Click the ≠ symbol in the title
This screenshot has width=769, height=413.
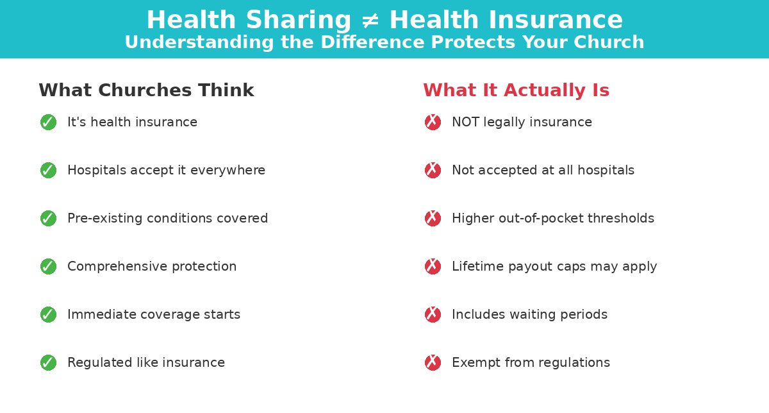(x=370, y=21)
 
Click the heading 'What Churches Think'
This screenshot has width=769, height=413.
(x=146, y=90)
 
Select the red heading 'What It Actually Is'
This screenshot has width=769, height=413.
(x=516, y=90)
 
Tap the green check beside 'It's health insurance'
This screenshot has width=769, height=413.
(x=48, y=122)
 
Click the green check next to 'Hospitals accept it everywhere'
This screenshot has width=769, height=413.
(x=48, y=170)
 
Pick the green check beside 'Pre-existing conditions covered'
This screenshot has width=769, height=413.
(x=48, y=218)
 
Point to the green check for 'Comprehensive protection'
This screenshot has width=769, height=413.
(x=48, y=266)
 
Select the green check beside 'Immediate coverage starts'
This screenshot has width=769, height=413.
(x=48, y=314)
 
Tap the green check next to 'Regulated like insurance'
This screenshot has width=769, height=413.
(x=48, y=362)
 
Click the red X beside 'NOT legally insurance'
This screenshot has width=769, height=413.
(x=433, y=122)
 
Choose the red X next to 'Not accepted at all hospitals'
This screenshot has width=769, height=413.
(x=433, y=170)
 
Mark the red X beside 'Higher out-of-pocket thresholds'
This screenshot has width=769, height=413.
(x=433, y=218)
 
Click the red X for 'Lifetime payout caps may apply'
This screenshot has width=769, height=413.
(x=433, y=266)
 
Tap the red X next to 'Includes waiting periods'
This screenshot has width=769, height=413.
(x=433, y=314)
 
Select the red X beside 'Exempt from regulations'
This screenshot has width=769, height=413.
(x=433, y=362)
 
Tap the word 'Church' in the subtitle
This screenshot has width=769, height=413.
(x=607, y=42)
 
